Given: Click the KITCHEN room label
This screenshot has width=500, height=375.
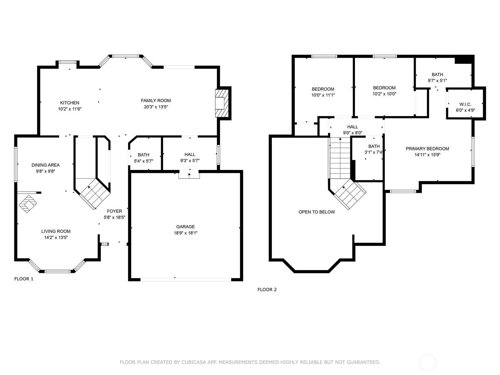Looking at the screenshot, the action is coord(70,103).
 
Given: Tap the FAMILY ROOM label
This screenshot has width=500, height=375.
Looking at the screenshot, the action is coord(156,101).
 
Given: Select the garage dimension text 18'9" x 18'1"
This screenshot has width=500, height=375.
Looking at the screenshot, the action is coord(185,233).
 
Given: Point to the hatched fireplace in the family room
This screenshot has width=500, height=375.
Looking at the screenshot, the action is coord(222,103).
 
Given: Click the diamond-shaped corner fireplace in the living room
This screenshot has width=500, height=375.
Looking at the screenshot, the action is coord(27,204).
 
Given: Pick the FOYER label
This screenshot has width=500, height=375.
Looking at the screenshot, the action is coord(114,211).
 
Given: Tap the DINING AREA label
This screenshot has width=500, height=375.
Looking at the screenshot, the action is coord(46,165).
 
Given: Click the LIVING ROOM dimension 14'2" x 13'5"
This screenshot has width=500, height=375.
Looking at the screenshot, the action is coord(56,237).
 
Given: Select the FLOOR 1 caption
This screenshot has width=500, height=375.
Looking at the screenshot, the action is coord(24,279).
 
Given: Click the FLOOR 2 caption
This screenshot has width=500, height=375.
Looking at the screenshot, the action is coord(267,290).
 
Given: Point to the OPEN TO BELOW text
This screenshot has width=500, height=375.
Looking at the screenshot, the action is coord(317,212).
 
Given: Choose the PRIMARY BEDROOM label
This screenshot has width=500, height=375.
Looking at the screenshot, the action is coord(427,149).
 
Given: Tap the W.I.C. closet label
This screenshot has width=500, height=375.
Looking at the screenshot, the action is coord(465,104).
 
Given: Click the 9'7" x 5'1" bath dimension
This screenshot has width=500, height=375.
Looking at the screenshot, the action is coord(437,81).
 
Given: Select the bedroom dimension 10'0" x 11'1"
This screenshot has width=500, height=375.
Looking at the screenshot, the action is coord(323,95).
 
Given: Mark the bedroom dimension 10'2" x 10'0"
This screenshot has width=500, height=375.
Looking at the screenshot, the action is coord(384,94).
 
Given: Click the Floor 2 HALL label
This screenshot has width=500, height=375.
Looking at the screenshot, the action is coord(352,127).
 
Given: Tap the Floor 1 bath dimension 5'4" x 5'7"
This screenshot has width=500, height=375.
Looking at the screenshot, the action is coord(143,161).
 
